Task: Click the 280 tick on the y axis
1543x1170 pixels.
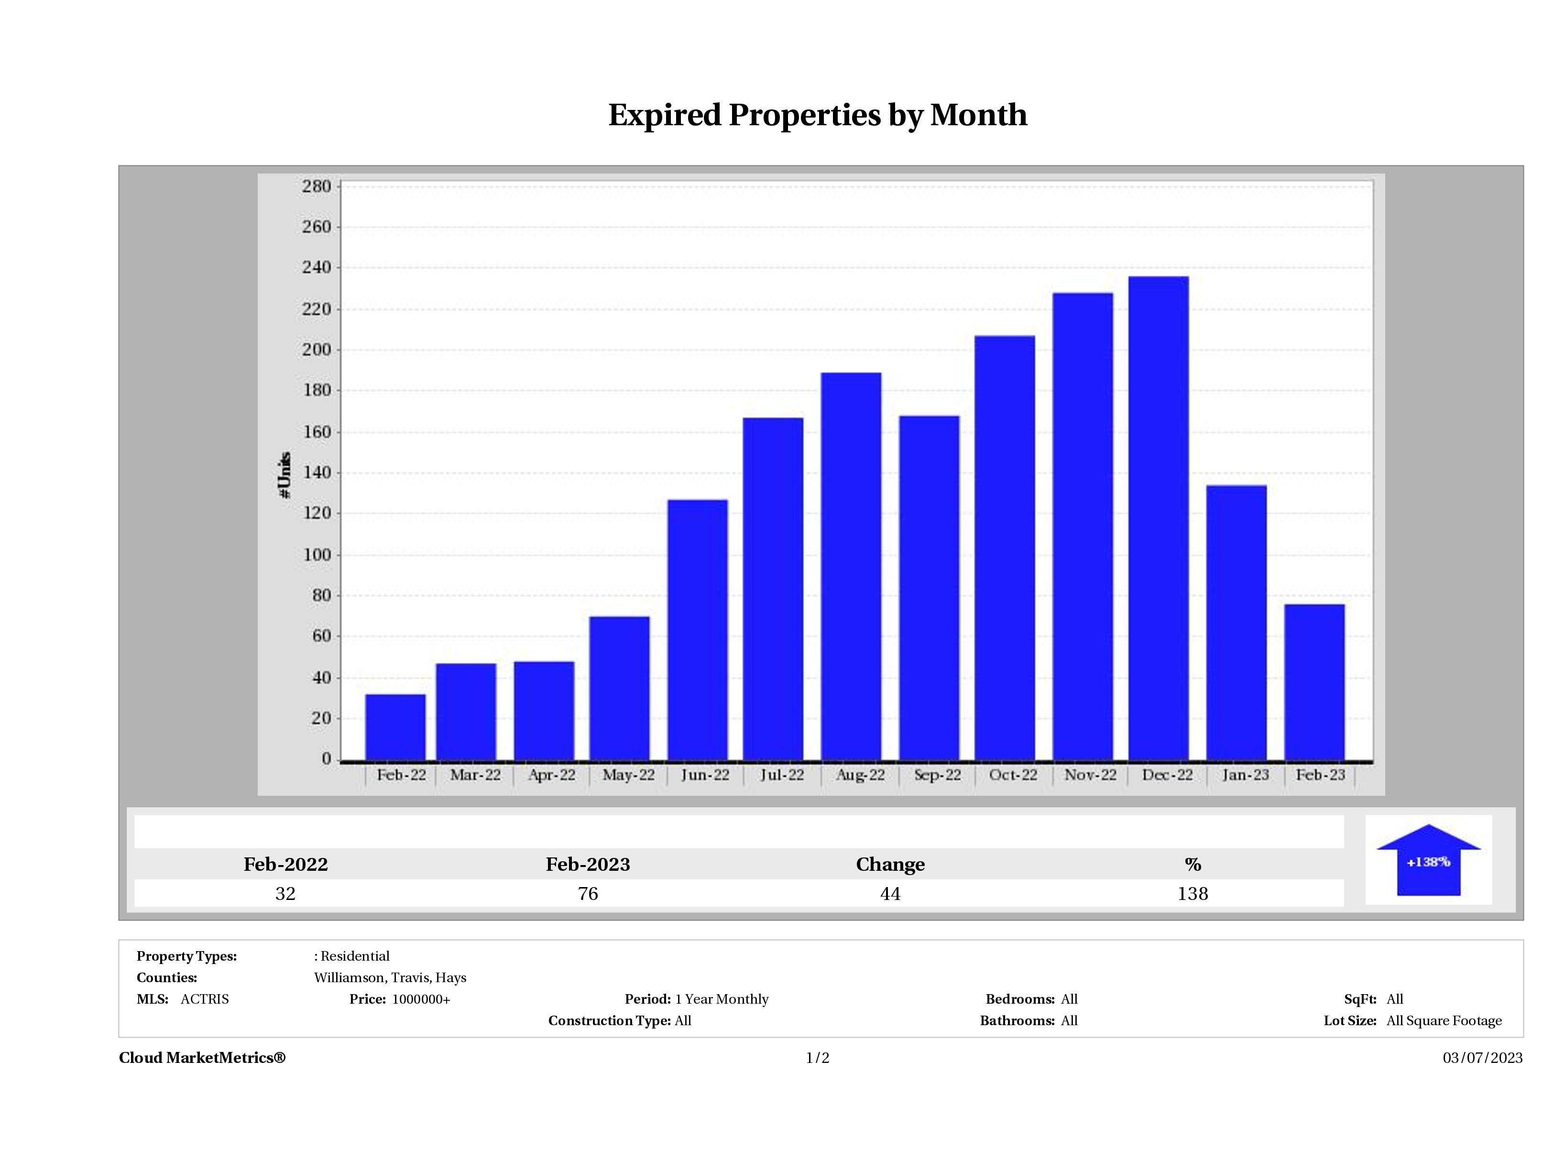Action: click(316, 187)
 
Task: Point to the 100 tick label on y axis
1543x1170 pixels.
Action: click(316, 555)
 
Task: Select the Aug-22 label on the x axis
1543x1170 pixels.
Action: click(860, 775)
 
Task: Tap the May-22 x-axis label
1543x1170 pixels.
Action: click(628, 775)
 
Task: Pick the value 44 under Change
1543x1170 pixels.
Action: click(890, 894)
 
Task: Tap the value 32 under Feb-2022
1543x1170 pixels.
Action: click(285, 894)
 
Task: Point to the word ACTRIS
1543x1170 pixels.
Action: click(204, 999)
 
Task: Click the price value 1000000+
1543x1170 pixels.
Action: click(421, 999)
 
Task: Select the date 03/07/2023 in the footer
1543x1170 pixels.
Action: click(1482, 1058)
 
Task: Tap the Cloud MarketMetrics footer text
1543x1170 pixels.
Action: click(202, 1058)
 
